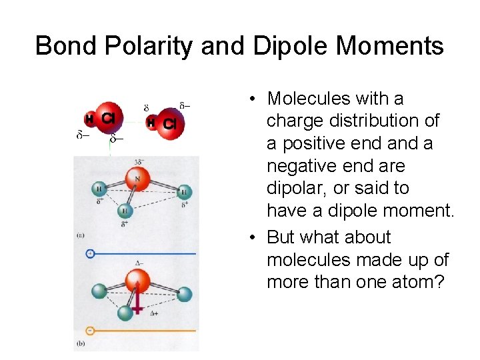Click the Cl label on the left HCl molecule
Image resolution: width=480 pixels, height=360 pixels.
pos(108,119)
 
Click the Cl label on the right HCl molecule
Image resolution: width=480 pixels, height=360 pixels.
pos(169,123)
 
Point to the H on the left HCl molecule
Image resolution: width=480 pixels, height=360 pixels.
pos(89,119)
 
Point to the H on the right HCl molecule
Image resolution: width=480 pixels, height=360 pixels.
pos(151,123)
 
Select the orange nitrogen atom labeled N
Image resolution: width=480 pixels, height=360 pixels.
pos(137,179)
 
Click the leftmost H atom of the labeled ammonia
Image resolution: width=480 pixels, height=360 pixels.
pos(99,189)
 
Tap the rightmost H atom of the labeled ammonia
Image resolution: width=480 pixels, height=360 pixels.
pos(184,193)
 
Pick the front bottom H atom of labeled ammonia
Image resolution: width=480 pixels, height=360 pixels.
pos(124,211)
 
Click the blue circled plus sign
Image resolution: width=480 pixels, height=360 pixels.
pos(91,253)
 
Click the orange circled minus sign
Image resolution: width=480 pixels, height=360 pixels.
pos(91,330)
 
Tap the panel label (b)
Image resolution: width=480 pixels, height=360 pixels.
pos(81,343)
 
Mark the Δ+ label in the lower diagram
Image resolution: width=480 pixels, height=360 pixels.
pos(154,313)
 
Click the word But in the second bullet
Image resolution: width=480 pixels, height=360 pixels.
pos(280,237)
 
